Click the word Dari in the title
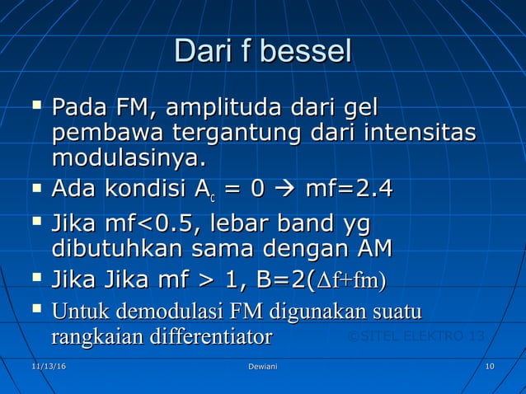200,50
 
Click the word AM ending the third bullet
371,248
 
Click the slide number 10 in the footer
490,365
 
